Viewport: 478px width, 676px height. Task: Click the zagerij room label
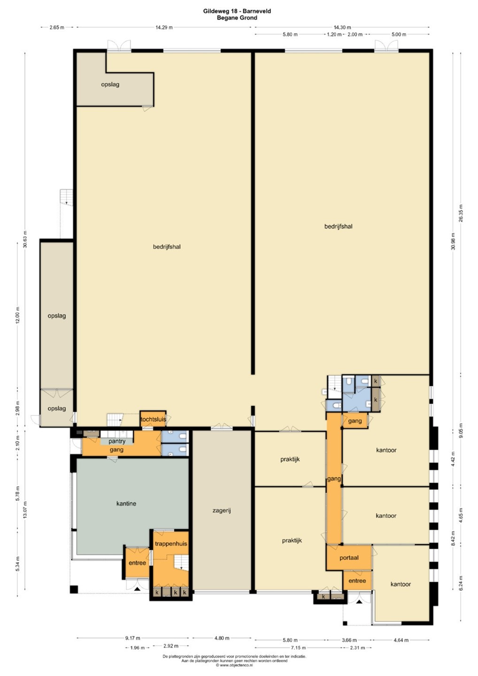click(x=222, y=511)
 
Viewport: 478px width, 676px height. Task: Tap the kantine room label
click(x=126, y=503)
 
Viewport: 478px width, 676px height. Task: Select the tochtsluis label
click(x=153, y=419)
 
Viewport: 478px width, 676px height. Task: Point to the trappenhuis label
click(x=171, y=544)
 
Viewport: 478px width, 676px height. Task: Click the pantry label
click(x=117, y=441)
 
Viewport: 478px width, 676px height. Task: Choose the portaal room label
click(x=349, y=558)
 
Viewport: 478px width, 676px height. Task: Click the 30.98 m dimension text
click(x=454, y=241)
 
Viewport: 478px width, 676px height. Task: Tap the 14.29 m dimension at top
click(x=164, y=27)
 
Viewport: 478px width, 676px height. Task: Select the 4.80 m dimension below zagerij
click(x=222, y=638)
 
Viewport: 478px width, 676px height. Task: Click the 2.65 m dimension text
click(x=57, y=27)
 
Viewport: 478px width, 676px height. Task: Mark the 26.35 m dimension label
click(x=461, y=213)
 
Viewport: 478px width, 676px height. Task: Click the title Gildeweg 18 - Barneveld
click(x=237, y=11)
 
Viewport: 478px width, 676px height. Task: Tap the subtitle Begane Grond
click(x=237, y=17)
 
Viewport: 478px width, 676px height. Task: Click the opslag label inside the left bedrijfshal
click(x=110, y=84)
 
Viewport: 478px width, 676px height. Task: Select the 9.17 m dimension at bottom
click(x=133, y=638)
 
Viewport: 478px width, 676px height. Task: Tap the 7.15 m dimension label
click(x=298, y=647)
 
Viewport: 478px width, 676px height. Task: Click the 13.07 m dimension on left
click(x=25, y=509)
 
